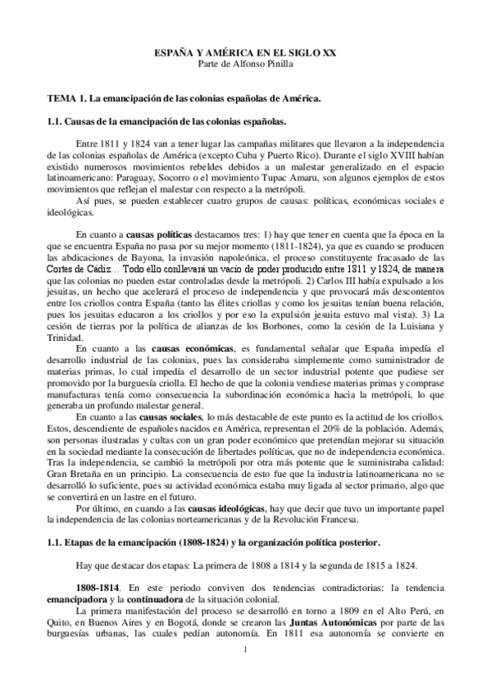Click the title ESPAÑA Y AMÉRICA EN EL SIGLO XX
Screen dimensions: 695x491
coord(245,52)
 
